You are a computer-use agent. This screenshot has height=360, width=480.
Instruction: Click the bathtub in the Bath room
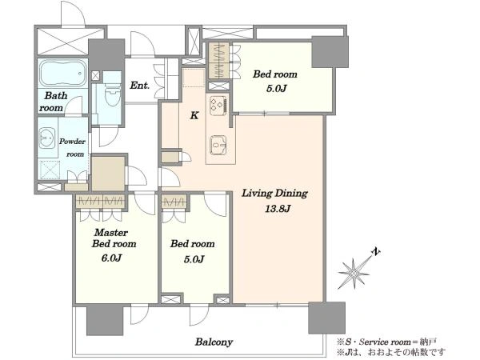tap(62, 74)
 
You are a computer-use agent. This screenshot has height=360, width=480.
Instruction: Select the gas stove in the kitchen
tap(218, 106)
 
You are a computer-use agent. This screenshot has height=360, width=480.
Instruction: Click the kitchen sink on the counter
tap(218, 145)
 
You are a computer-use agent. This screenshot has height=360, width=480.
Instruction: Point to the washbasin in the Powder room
tap(47, 138)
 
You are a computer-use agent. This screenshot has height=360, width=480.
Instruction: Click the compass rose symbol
tap(354, 273)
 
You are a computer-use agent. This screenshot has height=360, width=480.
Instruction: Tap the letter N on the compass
tap(375, 252)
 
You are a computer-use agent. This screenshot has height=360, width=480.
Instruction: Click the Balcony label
tap(214, 342)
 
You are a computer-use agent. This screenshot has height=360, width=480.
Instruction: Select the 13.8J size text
tap(278, 209)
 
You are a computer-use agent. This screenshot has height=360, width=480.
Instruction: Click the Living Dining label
tap(274, 194)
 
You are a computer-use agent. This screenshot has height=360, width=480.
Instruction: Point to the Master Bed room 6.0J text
tap(114, 245)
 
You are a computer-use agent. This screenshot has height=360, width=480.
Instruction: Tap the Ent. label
tap(139, 85)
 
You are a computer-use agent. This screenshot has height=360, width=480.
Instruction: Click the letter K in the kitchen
tap(194, 115)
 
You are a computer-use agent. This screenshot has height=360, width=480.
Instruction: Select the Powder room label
tap(73, 147)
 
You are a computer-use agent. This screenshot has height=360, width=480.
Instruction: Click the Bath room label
tap(53, 102)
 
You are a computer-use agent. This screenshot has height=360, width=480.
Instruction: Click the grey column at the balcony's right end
tap(326, 318)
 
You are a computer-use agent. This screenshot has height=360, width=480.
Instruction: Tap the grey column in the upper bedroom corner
tap(330, 51)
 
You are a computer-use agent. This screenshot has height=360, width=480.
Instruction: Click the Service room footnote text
tap(386, 342)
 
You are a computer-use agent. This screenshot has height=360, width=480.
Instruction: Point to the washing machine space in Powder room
tap(50, 170)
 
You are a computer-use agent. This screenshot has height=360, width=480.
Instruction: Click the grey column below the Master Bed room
tap(105, 320)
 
